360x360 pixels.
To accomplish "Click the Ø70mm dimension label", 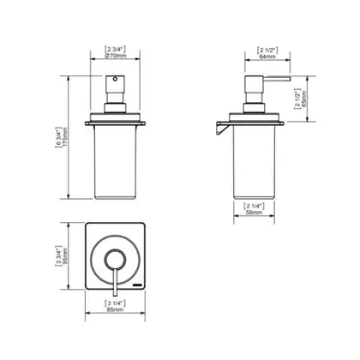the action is point(116,56).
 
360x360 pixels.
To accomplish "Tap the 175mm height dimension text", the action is point(65,137).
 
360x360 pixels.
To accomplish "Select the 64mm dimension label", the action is point(267,57).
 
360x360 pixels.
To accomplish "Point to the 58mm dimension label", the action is point(254,213).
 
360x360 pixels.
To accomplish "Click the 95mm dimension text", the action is point(65,256).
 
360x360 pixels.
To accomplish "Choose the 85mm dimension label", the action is point(115,309).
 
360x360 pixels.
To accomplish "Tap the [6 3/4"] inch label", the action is point(58,137).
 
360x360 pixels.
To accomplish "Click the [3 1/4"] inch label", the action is point(115,303).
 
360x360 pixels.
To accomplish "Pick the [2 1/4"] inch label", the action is point(254,206).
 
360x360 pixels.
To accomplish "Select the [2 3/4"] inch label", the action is point(116,49).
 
